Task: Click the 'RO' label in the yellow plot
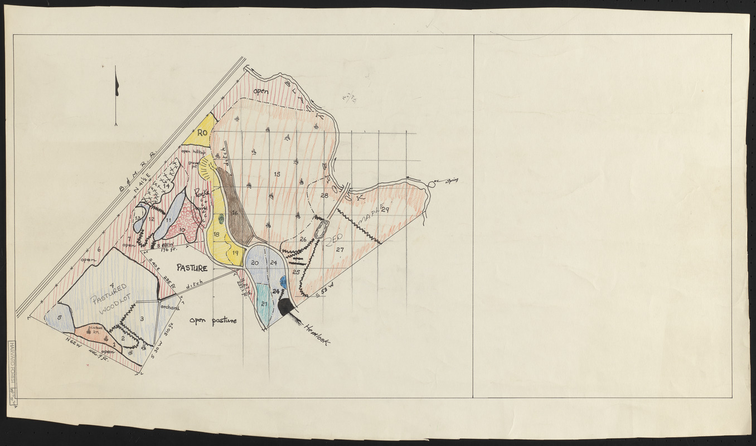tap(202, 133)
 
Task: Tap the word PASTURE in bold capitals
tap(192, 268)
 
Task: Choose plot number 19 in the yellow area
tap(235, 253)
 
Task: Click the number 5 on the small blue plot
tap(59, 318)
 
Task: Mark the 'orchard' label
tap(169, 307)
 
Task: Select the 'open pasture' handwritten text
tap(213, 321)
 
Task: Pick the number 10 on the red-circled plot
tap(181, 230)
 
